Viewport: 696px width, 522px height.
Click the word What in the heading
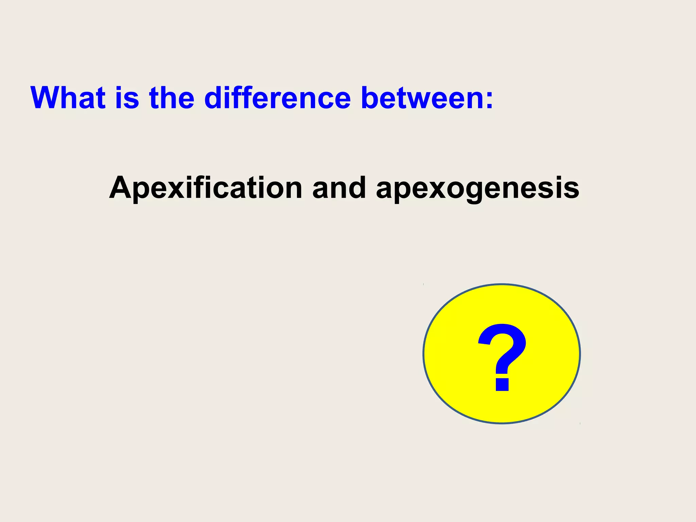pyautogui.click(x=68, y=98)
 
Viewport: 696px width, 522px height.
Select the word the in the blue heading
pyautogui.click(x=172, y=98)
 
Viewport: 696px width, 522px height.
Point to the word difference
pyautogui.click(x=277, y=98)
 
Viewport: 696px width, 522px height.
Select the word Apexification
pyautogui.click(x=206, y=188)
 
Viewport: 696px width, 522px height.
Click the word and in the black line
pyautogui.click(x=339, y=188)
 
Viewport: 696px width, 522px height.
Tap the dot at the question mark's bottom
pyautogui.click(x=502, y=384)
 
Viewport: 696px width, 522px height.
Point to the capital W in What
pyautogui.click(x=48, y=98)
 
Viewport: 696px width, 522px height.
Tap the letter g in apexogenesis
pyautogui.click(x=478, y=192)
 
